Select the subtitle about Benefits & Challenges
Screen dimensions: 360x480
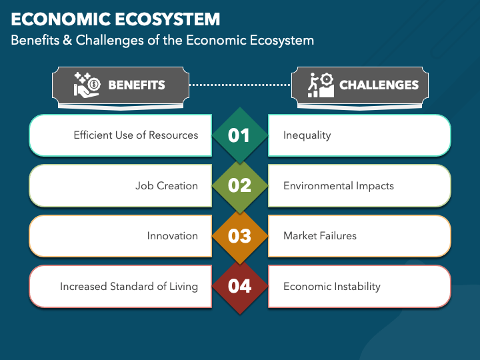[x=162, y=40]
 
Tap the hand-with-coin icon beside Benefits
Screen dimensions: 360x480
[x=87, y=85]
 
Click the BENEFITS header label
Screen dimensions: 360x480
[x=137, y=85]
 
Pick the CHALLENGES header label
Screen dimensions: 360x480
[x=379, y=85]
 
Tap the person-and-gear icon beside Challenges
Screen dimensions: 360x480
[x=320, y=85]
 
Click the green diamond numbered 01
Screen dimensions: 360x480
[x=239, y=135]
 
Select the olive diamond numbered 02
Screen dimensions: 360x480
[x=239, y=185]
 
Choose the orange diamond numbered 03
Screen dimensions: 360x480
[x=239, y=236]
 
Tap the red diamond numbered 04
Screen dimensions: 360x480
[x=239, y=286]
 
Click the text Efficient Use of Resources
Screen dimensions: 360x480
[x=136, y=135]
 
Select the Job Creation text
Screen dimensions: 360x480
[x=167, y=185]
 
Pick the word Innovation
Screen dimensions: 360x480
[x=173, y=236]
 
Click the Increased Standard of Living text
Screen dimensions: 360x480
[x=129, y=287]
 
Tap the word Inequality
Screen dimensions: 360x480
[x=307, y=135]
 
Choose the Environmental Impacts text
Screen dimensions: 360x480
[x=338, y=185]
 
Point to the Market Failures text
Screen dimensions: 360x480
[x=319, y=236]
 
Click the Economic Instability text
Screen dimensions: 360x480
[x=331, y=287]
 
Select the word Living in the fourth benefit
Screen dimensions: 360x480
[x=183, y=287]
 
